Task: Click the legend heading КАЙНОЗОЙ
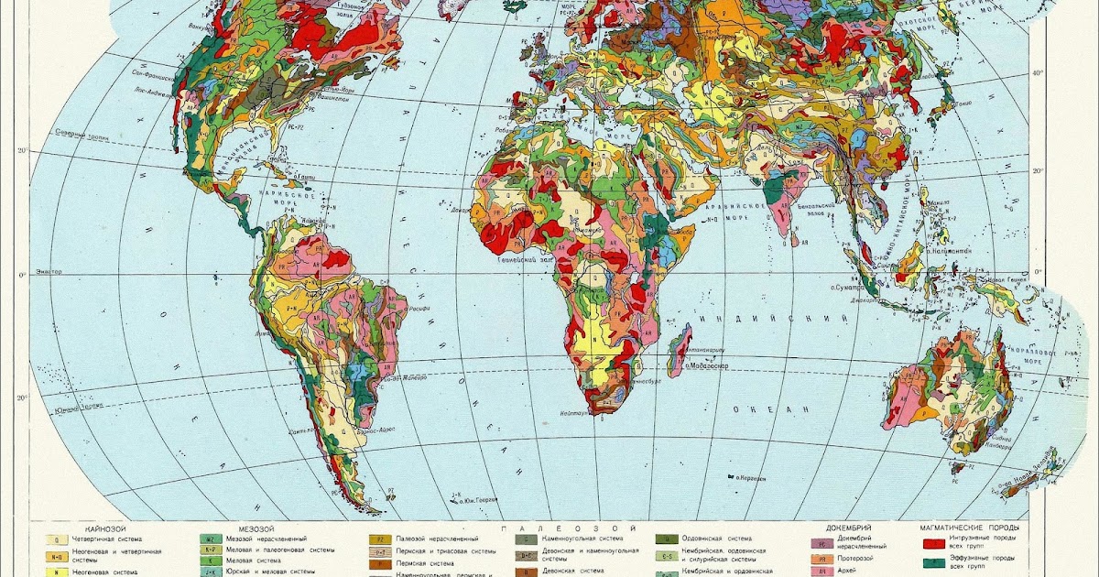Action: [x=104, y=528]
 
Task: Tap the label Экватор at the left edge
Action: [x=49, y=272]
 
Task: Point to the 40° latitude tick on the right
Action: [x=1038, y=73]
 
